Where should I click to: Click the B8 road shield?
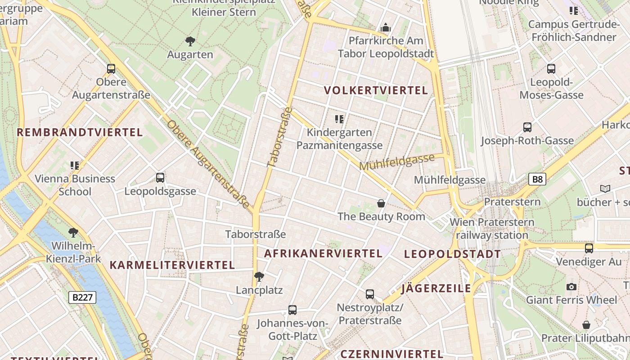click(537, 180)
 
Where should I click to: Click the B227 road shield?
click(82, 297)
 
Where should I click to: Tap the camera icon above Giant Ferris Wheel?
click(571, 287)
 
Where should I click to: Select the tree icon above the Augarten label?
click(190, 41)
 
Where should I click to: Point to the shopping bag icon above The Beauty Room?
click(381, 203)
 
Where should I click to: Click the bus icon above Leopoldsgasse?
click(160, 178)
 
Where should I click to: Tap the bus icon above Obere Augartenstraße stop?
click(111, 69)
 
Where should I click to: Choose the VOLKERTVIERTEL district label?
click(376, 90)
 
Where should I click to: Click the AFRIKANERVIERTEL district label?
click(323, 253)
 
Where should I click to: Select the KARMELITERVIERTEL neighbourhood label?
click(172, 265)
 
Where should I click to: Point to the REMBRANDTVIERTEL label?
click(80, 132)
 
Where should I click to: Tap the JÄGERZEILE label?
click(436, 288)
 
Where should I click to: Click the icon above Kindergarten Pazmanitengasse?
click(339, 119)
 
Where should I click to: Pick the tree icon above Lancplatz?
click(259, 277)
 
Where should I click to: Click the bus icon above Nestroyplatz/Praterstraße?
click(370, 294)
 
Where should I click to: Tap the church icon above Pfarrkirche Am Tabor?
click(386, 28)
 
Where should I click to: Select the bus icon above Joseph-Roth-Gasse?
click(527, 127)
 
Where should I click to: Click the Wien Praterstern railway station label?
click(492, 228)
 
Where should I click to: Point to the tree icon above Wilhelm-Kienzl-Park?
click(73, 233)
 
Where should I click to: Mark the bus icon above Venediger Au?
click(589, 248)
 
